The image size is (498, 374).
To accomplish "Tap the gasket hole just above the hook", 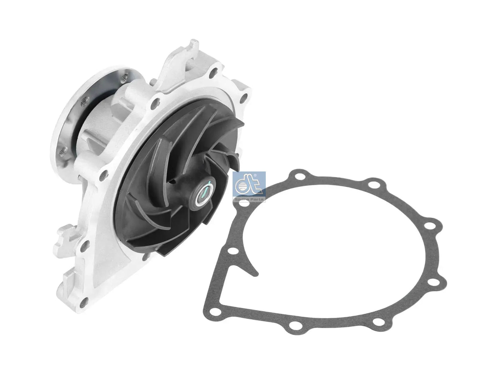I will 233,251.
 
